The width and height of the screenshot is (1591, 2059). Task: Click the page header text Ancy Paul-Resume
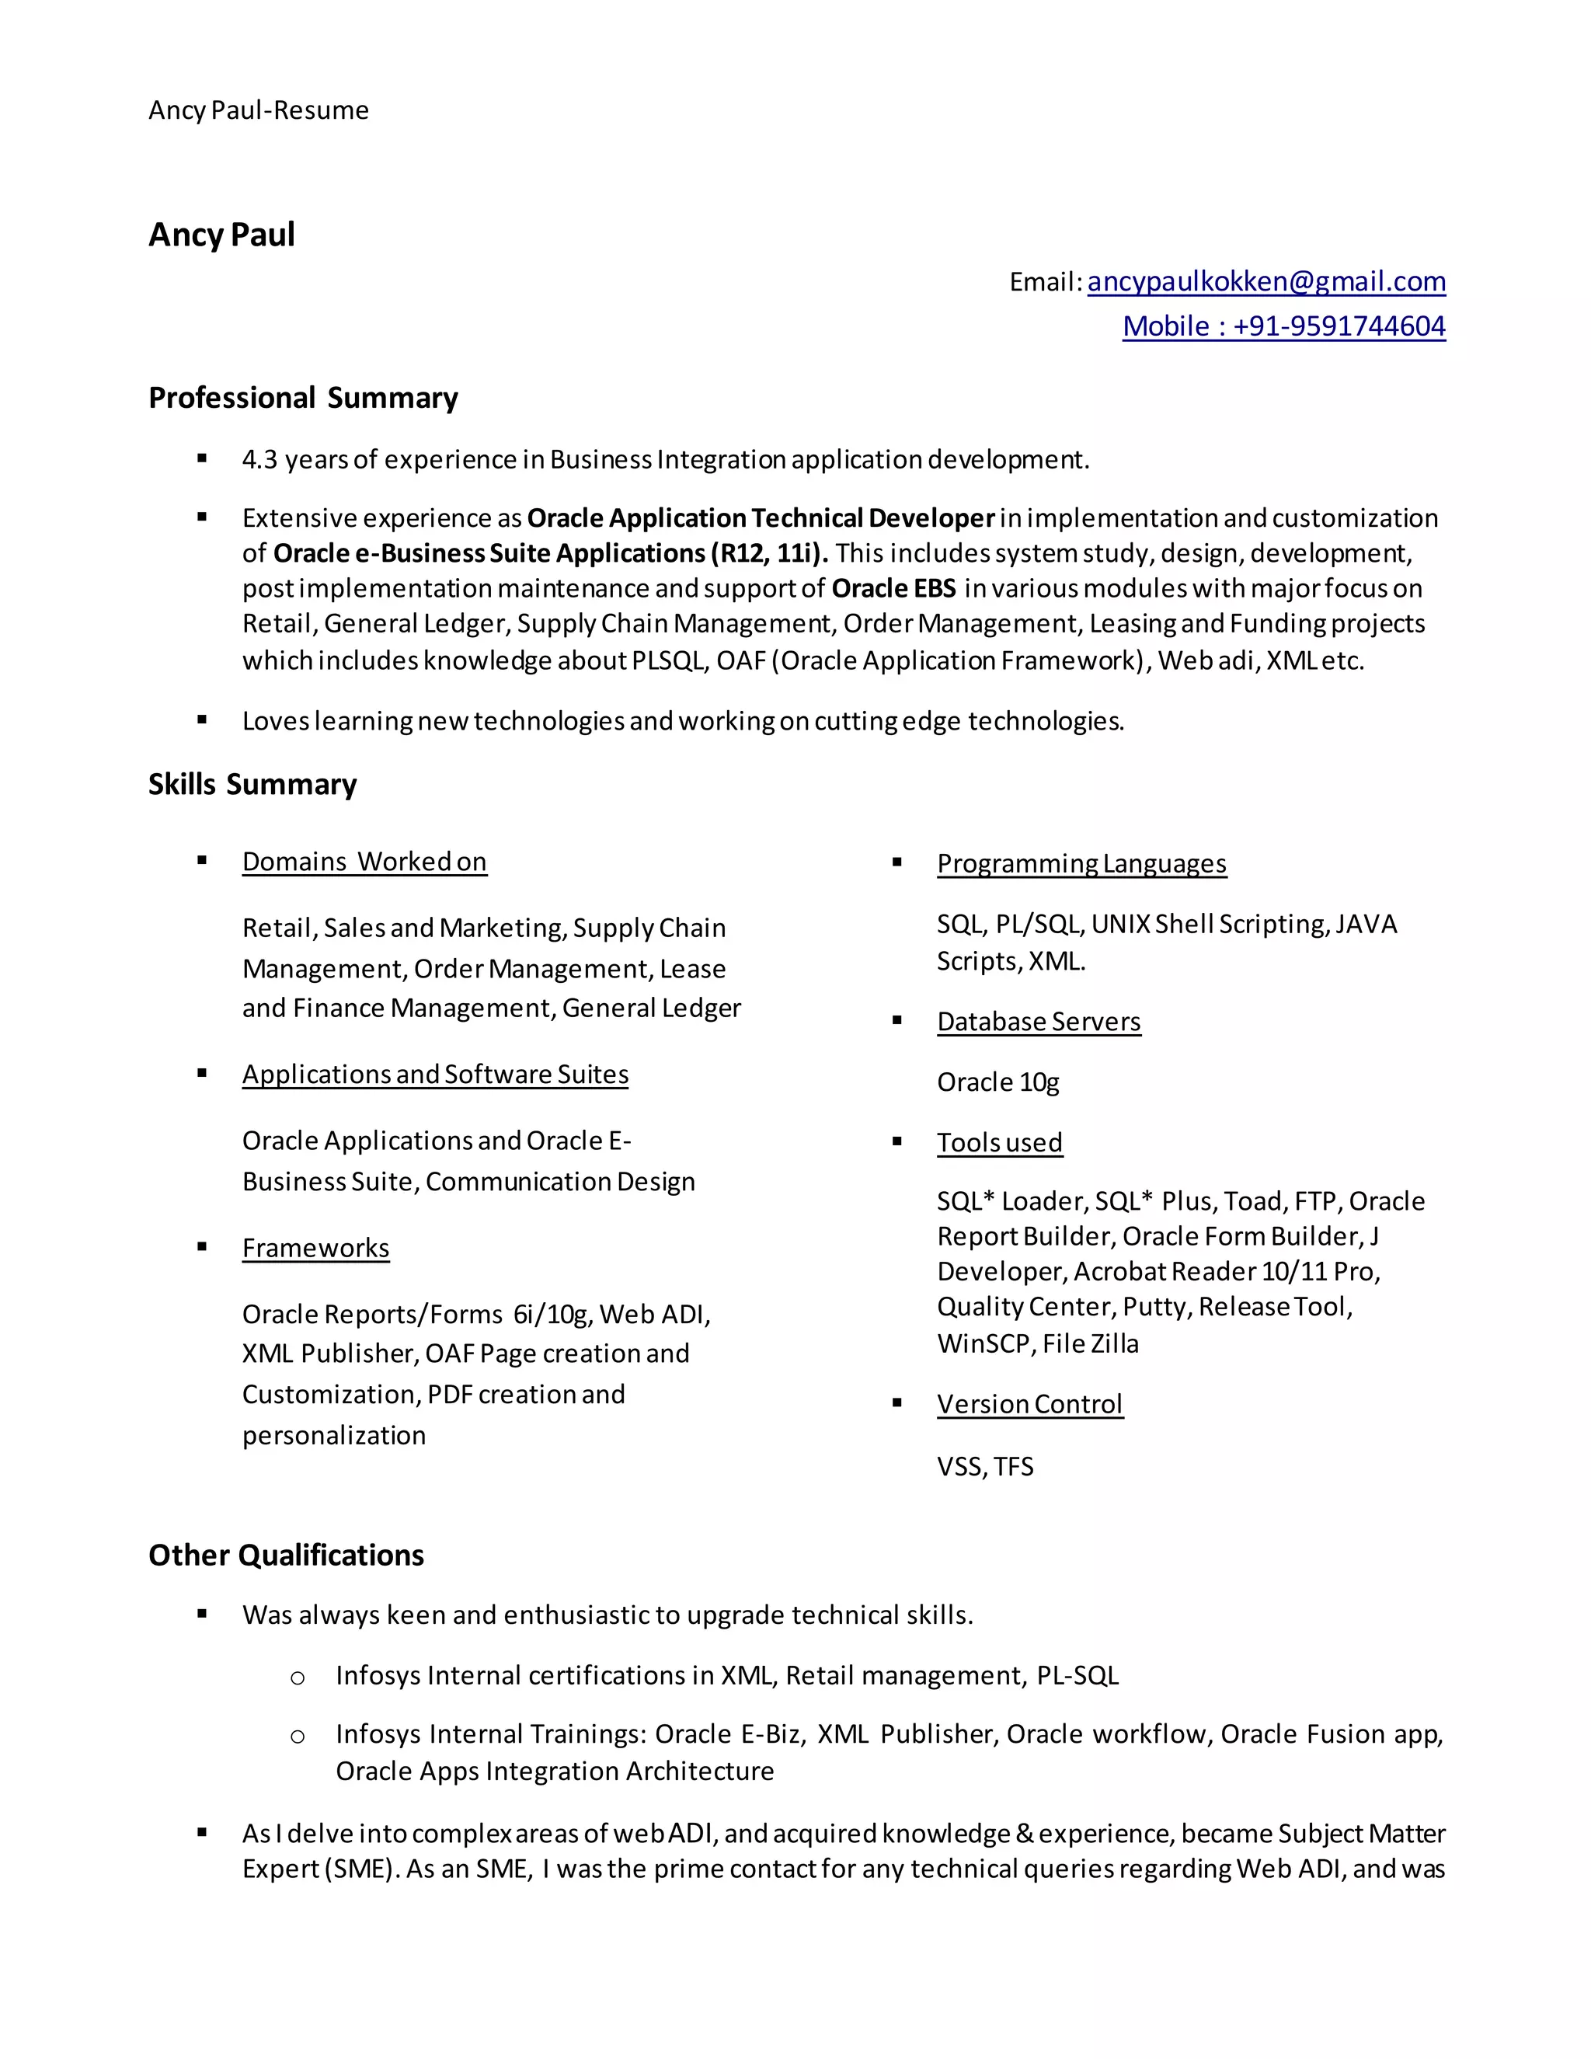[258, 110]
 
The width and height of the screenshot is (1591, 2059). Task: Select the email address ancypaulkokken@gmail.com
[1265, 281]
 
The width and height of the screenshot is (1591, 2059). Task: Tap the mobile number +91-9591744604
[1339, 326]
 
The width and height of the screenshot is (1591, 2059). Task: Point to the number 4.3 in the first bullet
[259, 460]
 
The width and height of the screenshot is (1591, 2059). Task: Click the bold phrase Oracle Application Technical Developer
[760, 518]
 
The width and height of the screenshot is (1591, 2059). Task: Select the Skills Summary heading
[252, 785]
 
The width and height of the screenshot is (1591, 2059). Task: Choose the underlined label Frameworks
[315, 1249]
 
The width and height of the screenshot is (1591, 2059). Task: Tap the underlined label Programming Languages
[1081, 863]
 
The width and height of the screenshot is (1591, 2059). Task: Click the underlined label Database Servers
[1038, 1022]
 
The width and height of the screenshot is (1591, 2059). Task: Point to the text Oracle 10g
[997, 1082]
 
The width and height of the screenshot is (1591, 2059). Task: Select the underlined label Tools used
[999, 1143]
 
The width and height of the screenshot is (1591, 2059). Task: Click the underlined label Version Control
[1029, 1405]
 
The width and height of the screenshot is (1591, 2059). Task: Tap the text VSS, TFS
[984, 1467]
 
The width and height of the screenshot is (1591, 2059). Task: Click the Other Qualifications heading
[286, 1556]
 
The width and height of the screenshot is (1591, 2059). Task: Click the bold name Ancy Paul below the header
[221, 235]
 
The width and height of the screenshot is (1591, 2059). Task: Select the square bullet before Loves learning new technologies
[202, 720]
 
